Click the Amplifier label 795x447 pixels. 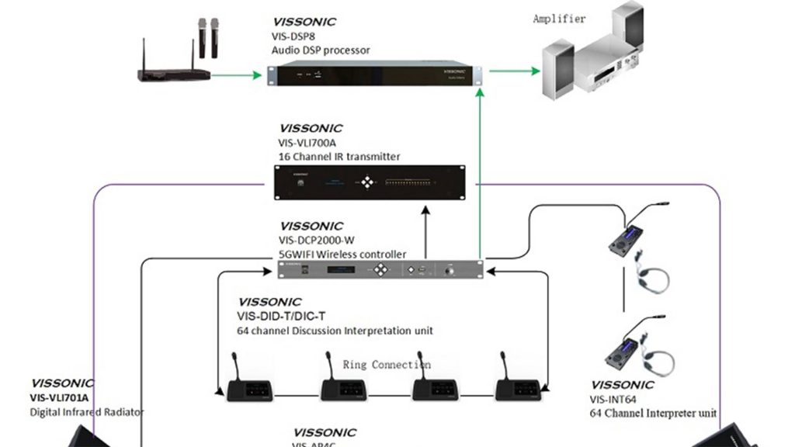tap(559, 19)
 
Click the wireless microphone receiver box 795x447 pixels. tap(174, 74)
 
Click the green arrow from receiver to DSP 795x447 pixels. tap(237, 75)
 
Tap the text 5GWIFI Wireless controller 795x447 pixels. tap(342, 254)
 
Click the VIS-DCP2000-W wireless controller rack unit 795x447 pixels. tap(380, 270)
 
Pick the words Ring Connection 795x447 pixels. tap(387, 364)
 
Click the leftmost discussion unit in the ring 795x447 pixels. tap(249, 384)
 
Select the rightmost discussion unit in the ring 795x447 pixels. tap(518, 384)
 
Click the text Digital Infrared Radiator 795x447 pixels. tap(87, 412)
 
